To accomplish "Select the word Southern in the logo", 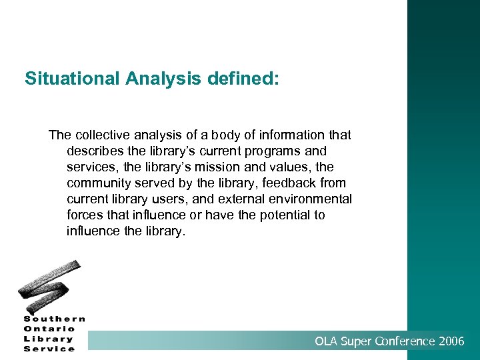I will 55,319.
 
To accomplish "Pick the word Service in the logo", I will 49,348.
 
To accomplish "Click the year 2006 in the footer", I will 452,341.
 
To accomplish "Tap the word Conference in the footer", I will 403,341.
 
